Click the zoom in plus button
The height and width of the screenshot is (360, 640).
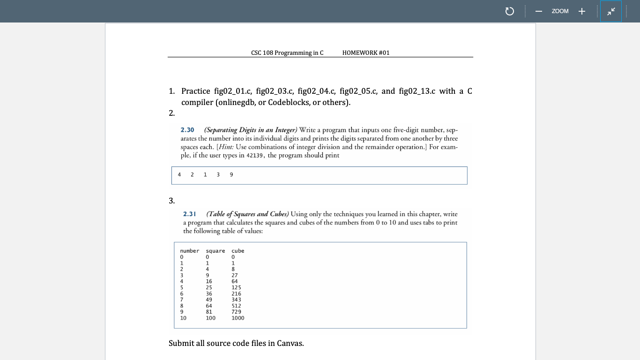tap(581, 11)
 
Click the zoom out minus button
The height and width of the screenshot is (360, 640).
tap(539, 11)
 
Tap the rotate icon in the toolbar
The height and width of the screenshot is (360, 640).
tap(510, 11)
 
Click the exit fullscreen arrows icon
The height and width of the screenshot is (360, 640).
tap(611, 11)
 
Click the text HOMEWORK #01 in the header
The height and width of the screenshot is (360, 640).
tap(365, 53)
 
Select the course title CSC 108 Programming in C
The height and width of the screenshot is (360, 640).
tap(287, 53)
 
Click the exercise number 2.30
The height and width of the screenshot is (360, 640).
tap(187, 130)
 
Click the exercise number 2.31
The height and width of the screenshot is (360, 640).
tap(189, 214)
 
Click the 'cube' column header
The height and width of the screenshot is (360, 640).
tap(238, 251)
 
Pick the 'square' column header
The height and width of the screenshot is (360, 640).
tap(215, 251)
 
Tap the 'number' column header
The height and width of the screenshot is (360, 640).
tap(189, 251)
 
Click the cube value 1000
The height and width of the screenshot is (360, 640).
tap(238, 318)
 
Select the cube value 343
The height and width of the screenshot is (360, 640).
tap(236, 300)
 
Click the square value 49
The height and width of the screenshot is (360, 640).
tap(209, 300)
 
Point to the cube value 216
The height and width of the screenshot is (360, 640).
tap(236, 294)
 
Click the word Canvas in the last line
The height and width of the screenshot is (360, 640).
tap(289, 343)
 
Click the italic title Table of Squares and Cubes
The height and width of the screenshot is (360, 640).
tap(248, 214)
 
